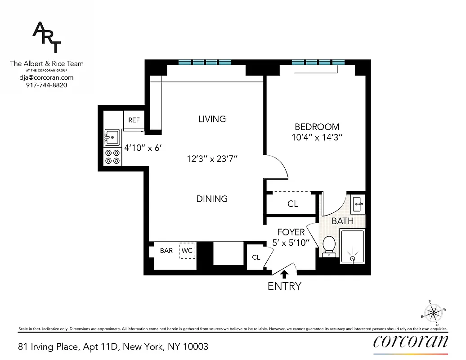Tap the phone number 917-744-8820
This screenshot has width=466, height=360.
(47, 85)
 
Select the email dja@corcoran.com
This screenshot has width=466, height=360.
(47, 77)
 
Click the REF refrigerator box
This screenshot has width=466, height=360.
(134, 120)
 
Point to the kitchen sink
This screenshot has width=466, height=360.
(112, 135)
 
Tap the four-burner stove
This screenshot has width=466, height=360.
(112, 157)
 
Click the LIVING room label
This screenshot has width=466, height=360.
(212, 119)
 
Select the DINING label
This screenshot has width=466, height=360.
(212, 198)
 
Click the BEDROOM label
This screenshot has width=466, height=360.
(317, 127)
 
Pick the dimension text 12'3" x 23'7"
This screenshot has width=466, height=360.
(212, 158)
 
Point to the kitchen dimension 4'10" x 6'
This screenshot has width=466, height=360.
(142, 147)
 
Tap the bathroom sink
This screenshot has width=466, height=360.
(358, 204)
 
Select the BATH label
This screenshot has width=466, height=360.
(342, 221)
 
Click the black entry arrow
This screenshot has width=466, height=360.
(284, 273)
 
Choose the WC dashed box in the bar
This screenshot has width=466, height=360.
(187, 251)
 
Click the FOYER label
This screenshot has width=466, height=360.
(291, 232)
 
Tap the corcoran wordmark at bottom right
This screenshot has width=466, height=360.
(411, 342)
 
